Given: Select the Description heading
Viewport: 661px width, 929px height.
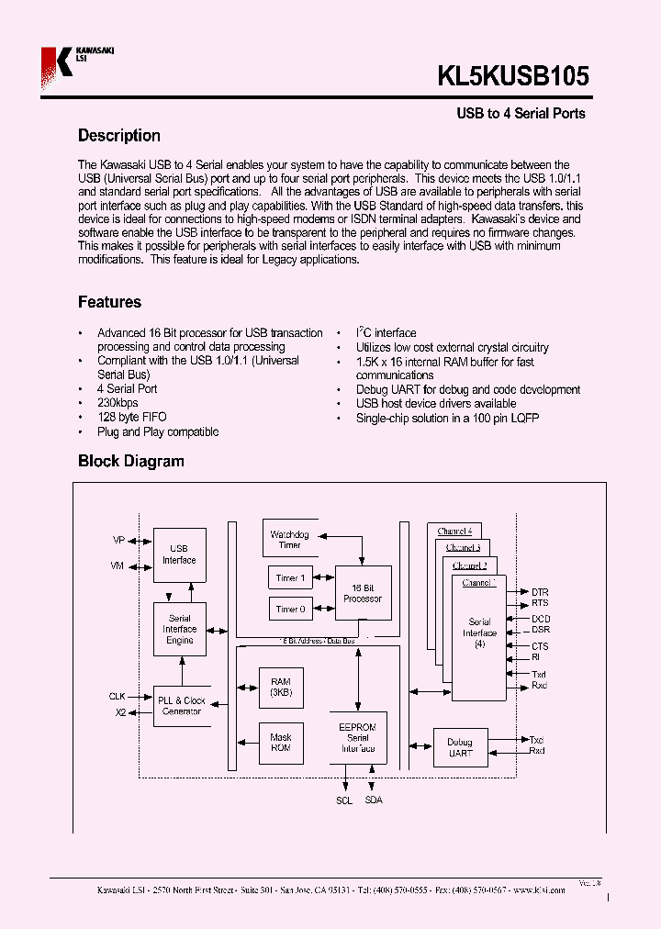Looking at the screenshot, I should pyautogui.click(x=118, y=136).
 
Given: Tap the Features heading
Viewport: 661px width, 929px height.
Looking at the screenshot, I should pyautogui.click(x=109, y=302).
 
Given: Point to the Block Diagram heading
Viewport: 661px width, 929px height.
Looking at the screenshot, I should pyautogui.click(x=130, y=461).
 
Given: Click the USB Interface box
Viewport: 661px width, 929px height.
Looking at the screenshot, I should pyautogui.click(x=179, y=554).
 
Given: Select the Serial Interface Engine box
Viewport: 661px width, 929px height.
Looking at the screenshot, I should pyautogui.click(x=179, y=629).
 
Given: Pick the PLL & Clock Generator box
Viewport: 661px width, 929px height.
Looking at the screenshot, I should pyautogui.click(x=181, y=705).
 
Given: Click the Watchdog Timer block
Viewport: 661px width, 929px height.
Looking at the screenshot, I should pyautogui.click(x=289, y=540).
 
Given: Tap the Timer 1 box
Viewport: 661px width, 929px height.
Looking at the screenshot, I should pyautogui.click(x=290, y=578).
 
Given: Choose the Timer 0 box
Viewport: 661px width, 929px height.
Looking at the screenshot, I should pyautogui.click(x=290, y=609).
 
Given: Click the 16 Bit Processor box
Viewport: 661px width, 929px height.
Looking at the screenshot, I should pyautogui.click(x=362, y=593).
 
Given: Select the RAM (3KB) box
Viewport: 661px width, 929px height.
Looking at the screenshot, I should pyautogui.click(x=280, y=688).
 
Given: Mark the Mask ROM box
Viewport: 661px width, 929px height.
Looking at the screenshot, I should pyautogui.click(x=280, y=742).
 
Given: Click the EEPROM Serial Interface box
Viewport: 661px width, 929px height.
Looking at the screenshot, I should pyautogui.click(x=357, y=737).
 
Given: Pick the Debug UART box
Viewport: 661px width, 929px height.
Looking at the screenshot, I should pyautogui.click(x=460, y=747).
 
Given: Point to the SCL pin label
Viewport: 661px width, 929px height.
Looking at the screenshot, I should pyautogui.click(x=343, y=800).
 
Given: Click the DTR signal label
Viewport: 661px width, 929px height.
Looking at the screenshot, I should pyautogui.click(x=540, y=592).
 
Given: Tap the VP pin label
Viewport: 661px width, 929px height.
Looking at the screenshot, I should pyautogui.click(x=118, y=541).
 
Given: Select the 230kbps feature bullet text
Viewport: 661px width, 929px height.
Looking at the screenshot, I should pyautogui.click(x=118, y=403).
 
